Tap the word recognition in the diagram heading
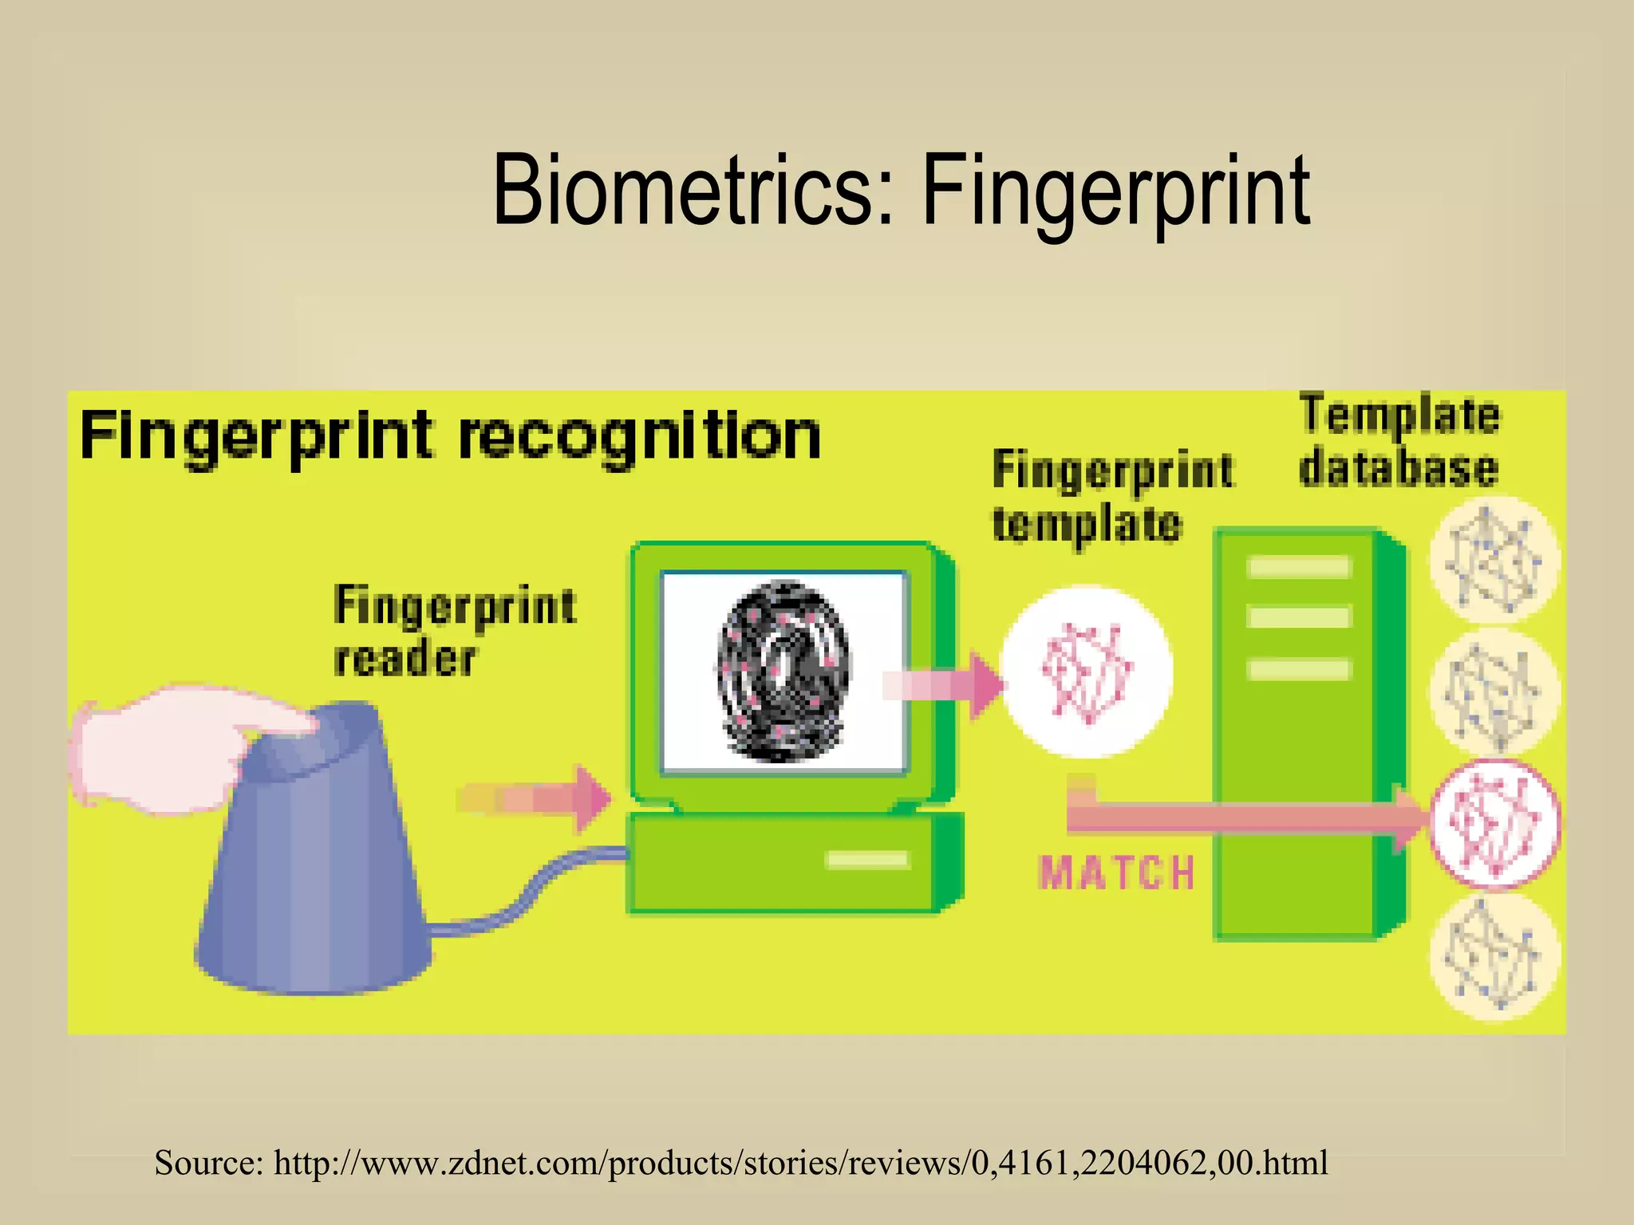639,437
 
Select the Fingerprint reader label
454,631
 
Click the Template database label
1399,440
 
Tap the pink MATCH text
1117,872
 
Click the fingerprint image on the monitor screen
784,671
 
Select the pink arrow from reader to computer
535,798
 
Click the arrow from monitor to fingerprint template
942,685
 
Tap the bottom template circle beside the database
1492,957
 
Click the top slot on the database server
1298,567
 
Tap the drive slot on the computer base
866,859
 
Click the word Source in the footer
207,1163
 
